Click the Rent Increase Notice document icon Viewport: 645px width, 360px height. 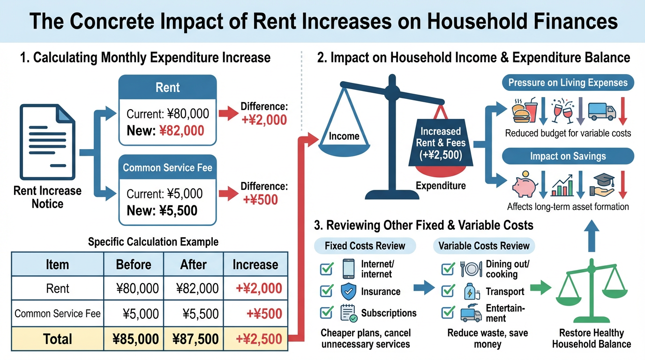tap(47, 142)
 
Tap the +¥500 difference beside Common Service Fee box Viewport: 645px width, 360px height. tap(260, 200)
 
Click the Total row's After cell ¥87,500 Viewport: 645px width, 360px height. tap(195, 339)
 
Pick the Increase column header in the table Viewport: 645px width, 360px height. tap(255, 264)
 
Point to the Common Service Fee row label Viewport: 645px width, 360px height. tap(58, 313)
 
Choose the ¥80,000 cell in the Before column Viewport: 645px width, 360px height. tap(137, 288)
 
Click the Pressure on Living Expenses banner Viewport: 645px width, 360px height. tap(568, 82)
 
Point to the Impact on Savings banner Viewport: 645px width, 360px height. tap(568, 156)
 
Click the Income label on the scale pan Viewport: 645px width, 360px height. tap(344, 136)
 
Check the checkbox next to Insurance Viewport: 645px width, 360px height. tap(327, 291)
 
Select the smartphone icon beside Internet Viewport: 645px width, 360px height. tap(348, 269)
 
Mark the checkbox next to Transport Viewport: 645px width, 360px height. tap(448, 291)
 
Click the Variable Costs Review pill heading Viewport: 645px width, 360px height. tap(484, 246)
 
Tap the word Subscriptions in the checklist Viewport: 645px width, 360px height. tap(389, 313)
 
